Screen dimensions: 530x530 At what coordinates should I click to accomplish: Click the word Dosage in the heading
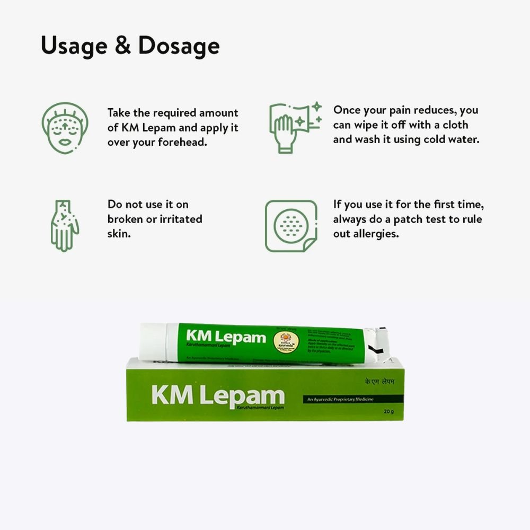click(179, 47)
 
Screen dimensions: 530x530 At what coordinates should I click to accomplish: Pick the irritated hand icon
click(65, 225)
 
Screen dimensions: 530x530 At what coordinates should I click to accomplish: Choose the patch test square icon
click(291, 226)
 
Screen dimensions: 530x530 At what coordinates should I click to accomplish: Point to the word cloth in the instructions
click(454, 125)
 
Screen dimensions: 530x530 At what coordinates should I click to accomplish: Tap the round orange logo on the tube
click(285, 340)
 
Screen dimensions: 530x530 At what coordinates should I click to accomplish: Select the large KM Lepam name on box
click(217, 395)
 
